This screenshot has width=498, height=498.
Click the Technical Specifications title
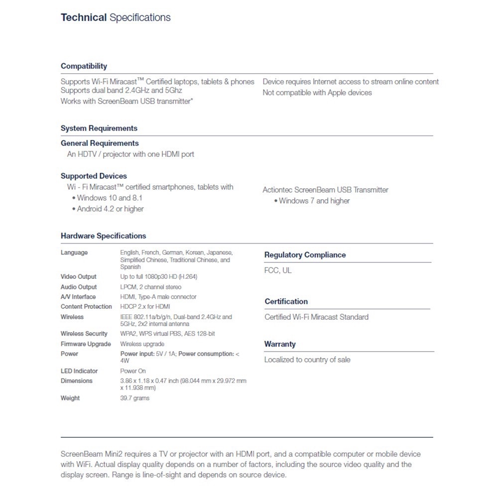(x=116, y=18)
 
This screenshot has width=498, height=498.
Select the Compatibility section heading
(x=84, y=66)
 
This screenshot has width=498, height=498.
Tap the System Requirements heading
(x=99, y=128)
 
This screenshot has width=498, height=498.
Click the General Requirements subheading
(x=100, y=143)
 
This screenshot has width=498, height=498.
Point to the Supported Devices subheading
(x=94, y=176)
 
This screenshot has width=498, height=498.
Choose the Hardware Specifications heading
(x=103, y=236)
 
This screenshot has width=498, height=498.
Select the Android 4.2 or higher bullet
(x=110, y=209)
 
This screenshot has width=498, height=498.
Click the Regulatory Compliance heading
(x=305, y=255)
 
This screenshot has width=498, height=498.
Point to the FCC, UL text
(x=278, y=270)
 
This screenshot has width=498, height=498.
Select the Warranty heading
(x=280, y=344)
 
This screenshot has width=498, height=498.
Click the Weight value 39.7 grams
(x=134, y=398)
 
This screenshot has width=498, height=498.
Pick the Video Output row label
(x=79, y=277)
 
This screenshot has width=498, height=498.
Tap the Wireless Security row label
(x=84, y=334)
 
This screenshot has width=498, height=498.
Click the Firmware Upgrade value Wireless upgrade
(x=142, y=344)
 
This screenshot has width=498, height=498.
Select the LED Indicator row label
(x=79, y=371)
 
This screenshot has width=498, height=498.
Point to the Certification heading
(x=286, y=302)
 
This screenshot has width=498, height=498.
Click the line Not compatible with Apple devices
(x=317, y=93)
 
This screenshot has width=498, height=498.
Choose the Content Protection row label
(x=86, y=307)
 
